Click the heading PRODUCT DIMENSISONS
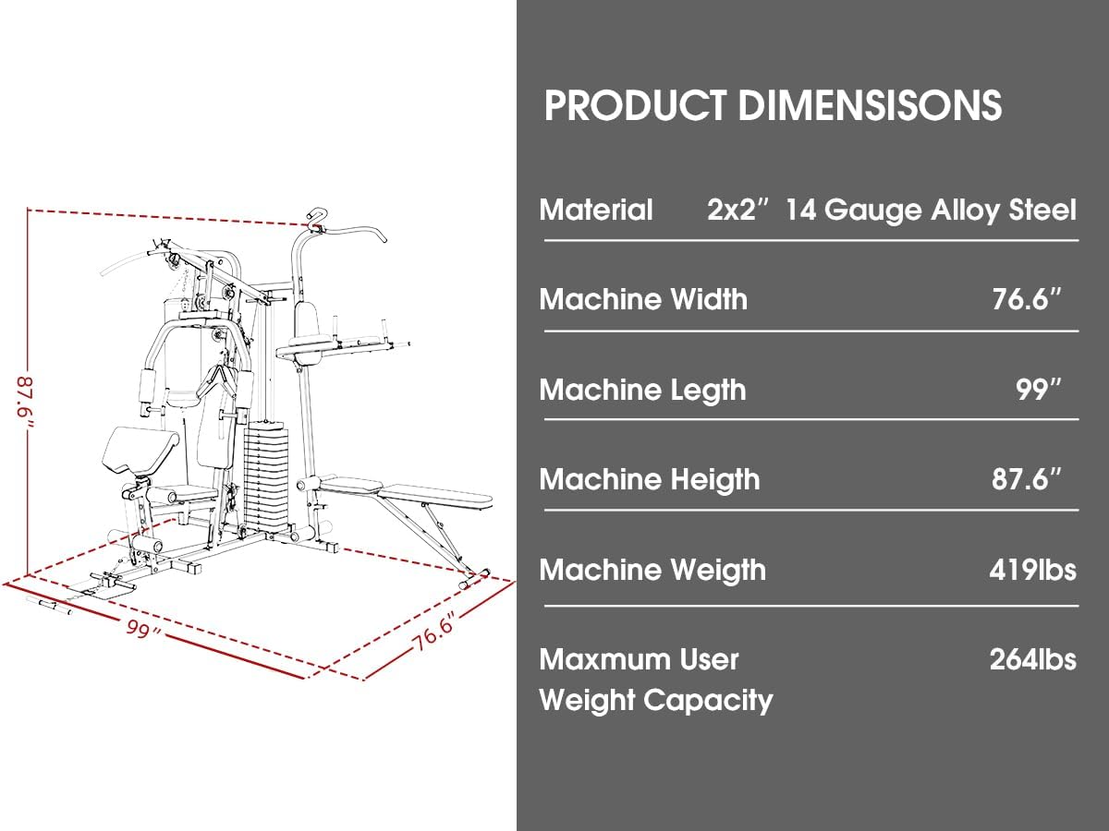(773, 105)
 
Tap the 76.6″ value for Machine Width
(1027, 299)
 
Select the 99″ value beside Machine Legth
(1038, 390)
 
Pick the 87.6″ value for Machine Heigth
(1027, 479)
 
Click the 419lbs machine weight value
(1032, 570)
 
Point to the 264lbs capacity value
(1032, 659)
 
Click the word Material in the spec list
(596, 210)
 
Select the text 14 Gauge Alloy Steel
(932, 211)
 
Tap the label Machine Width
(643, 299)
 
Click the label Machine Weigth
(652, 570)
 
